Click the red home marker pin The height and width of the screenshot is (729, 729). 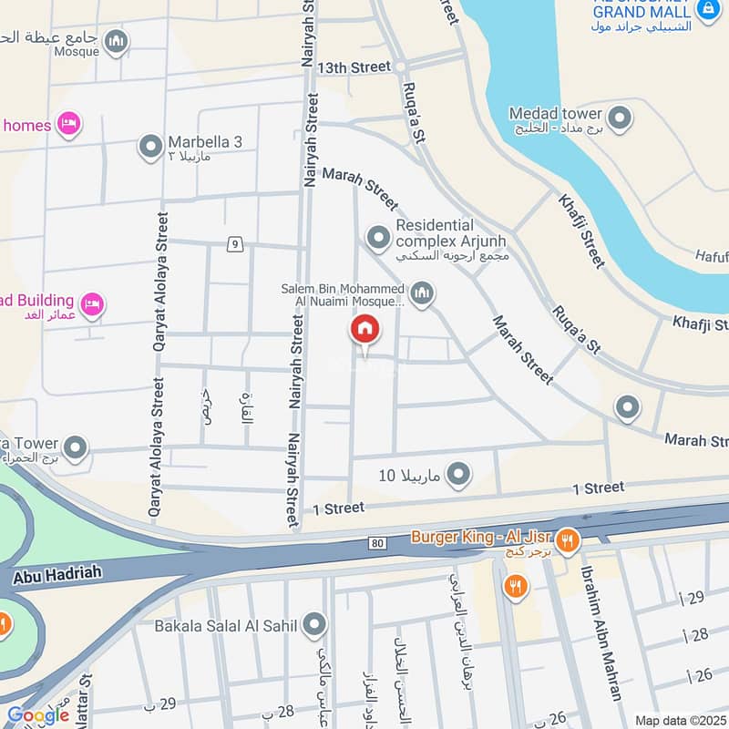click(x=364, y=331)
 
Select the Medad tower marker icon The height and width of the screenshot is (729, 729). click(x=620, y=118)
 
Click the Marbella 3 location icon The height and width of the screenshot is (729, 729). click(x=149, y=145)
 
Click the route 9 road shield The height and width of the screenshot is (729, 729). click(x=235, y=243)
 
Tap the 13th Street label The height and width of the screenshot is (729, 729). click(x=354, y=67)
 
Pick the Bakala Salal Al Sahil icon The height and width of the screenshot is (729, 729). click(x=314, y=624)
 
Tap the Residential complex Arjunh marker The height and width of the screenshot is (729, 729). click(x=377, y=238)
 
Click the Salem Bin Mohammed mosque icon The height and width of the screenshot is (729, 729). click(x=421, y=293)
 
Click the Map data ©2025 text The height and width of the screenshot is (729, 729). click(x=679, y=720)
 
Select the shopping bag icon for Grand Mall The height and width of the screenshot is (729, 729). click(x=706, y=10)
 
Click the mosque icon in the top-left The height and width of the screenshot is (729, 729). click(x=116, y=41)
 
